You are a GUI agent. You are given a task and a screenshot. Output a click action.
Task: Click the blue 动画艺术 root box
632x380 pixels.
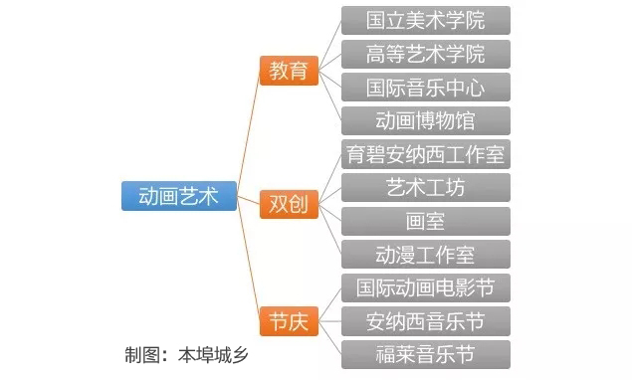point(179,196)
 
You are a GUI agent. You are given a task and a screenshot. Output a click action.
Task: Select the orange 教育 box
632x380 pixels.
point(288,71)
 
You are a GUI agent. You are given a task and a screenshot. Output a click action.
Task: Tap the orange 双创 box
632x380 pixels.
point(288,205)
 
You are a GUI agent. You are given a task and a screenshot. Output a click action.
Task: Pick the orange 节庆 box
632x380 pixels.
point(288,322)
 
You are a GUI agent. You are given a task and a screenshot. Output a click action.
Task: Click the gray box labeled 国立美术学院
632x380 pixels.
point(425,20)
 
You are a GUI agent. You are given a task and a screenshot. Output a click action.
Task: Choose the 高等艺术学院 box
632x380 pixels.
point(425,54)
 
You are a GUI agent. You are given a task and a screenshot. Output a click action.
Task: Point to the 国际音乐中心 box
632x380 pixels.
point(425,88)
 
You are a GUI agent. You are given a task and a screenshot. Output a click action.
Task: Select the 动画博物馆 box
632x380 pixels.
point(425,121)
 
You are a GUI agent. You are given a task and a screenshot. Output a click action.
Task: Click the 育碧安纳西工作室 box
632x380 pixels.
point(425,155)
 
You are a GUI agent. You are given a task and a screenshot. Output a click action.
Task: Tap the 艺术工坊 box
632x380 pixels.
point(425,188)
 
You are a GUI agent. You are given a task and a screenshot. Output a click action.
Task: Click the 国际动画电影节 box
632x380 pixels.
point(425,288)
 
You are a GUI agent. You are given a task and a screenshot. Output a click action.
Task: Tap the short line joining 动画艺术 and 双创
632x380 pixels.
point(250,200)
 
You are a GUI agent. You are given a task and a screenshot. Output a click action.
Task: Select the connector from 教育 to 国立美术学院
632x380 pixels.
point(329,40)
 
